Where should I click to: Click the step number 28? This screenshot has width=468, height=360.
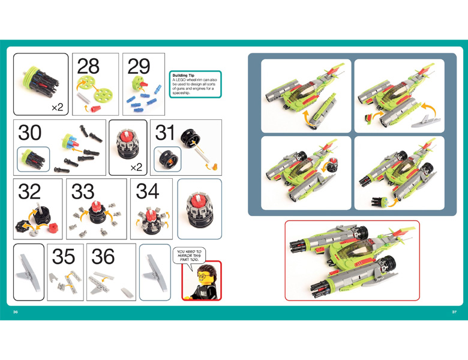pyautogui.click(x=88, y=66)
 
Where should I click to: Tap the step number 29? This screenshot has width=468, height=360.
pyautogui.click(x=139, y=66)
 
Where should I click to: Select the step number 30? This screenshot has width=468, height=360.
pyautogui.click(x=29, y=133)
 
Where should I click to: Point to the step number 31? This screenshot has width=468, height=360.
pyautogui.click(x=164, y=133)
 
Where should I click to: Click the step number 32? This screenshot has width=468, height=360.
pyautogui.click(x=29, y=191)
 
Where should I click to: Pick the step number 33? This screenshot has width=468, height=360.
pyautogui.click(x=83, y=191)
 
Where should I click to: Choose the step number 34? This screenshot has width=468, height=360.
pyautogui.click(x=148, y=191)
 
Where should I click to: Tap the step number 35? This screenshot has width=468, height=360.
pyautogui.click(x=63, y=256)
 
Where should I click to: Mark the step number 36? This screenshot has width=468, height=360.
pyautogui.click(x=103, y=256)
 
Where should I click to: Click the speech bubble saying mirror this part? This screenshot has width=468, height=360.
pyautogui.click(x=189, y=256)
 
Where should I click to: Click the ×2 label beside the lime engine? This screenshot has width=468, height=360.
pyautogui.click(x=58, y=107)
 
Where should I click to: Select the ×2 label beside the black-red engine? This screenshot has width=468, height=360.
pyautogui.click(x=136, y=167)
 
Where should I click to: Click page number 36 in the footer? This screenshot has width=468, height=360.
pyautogui.click(x=15, y=311)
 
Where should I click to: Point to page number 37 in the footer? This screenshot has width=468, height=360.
pyautogui.click(x=454, y=311)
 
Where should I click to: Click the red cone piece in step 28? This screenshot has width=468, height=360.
pyautogui.click(x=95, y=109)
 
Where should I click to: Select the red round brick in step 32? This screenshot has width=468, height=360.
pyautogui.click(x=53, y=228)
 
